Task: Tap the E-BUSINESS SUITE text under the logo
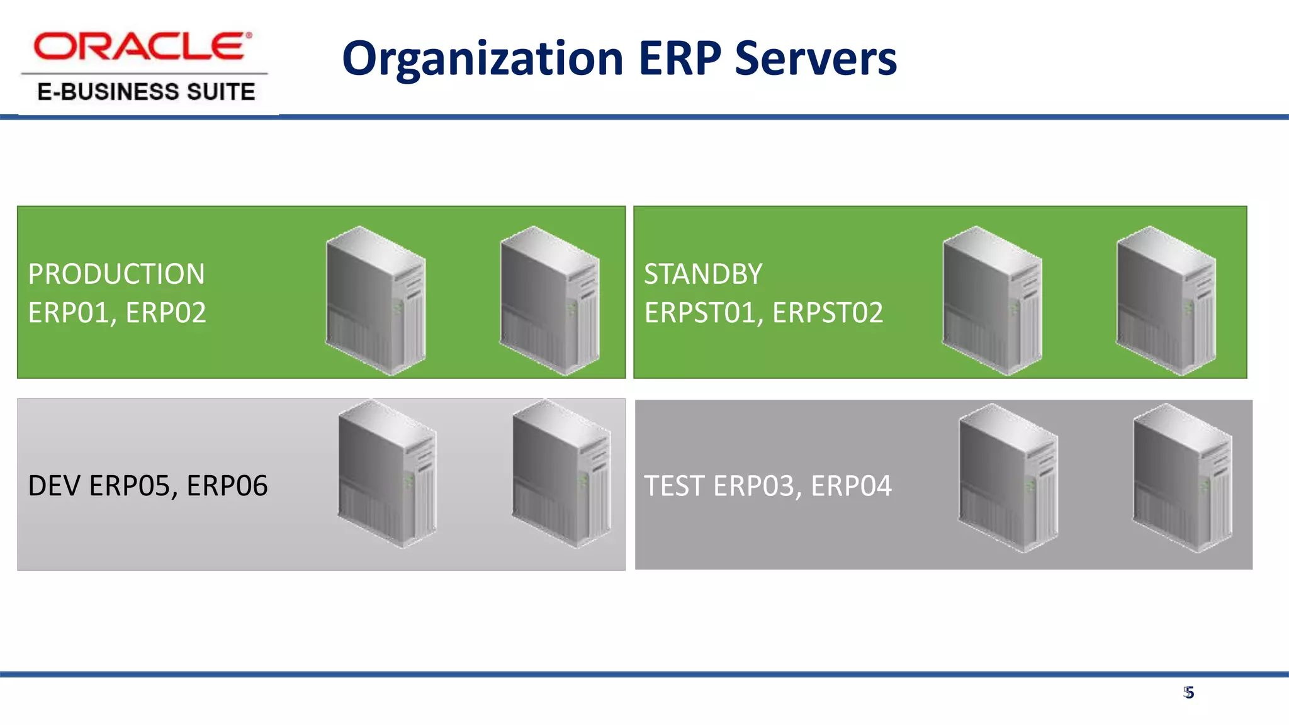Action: (146, 92)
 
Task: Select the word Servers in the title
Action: (816, 59)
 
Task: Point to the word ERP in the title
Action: (680, 59)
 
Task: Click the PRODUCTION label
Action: (116, 274)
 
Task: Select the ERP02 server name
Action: (166, 313)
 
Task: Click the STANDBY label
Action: (703, 274)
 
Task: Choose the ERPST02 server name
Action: (828, 313)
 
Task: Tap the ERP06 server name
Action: (227, 486)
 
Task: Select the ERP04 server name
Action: (851, 486)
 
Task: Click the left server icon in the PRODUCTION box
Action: (376, 300)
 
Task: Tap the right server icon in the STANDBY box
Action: (1166, 300)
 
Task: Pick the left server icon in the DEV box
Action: (387, 473)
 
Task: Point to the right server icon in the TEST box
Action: (1182, 478)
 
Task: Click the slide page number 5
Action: (1188, 693)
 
